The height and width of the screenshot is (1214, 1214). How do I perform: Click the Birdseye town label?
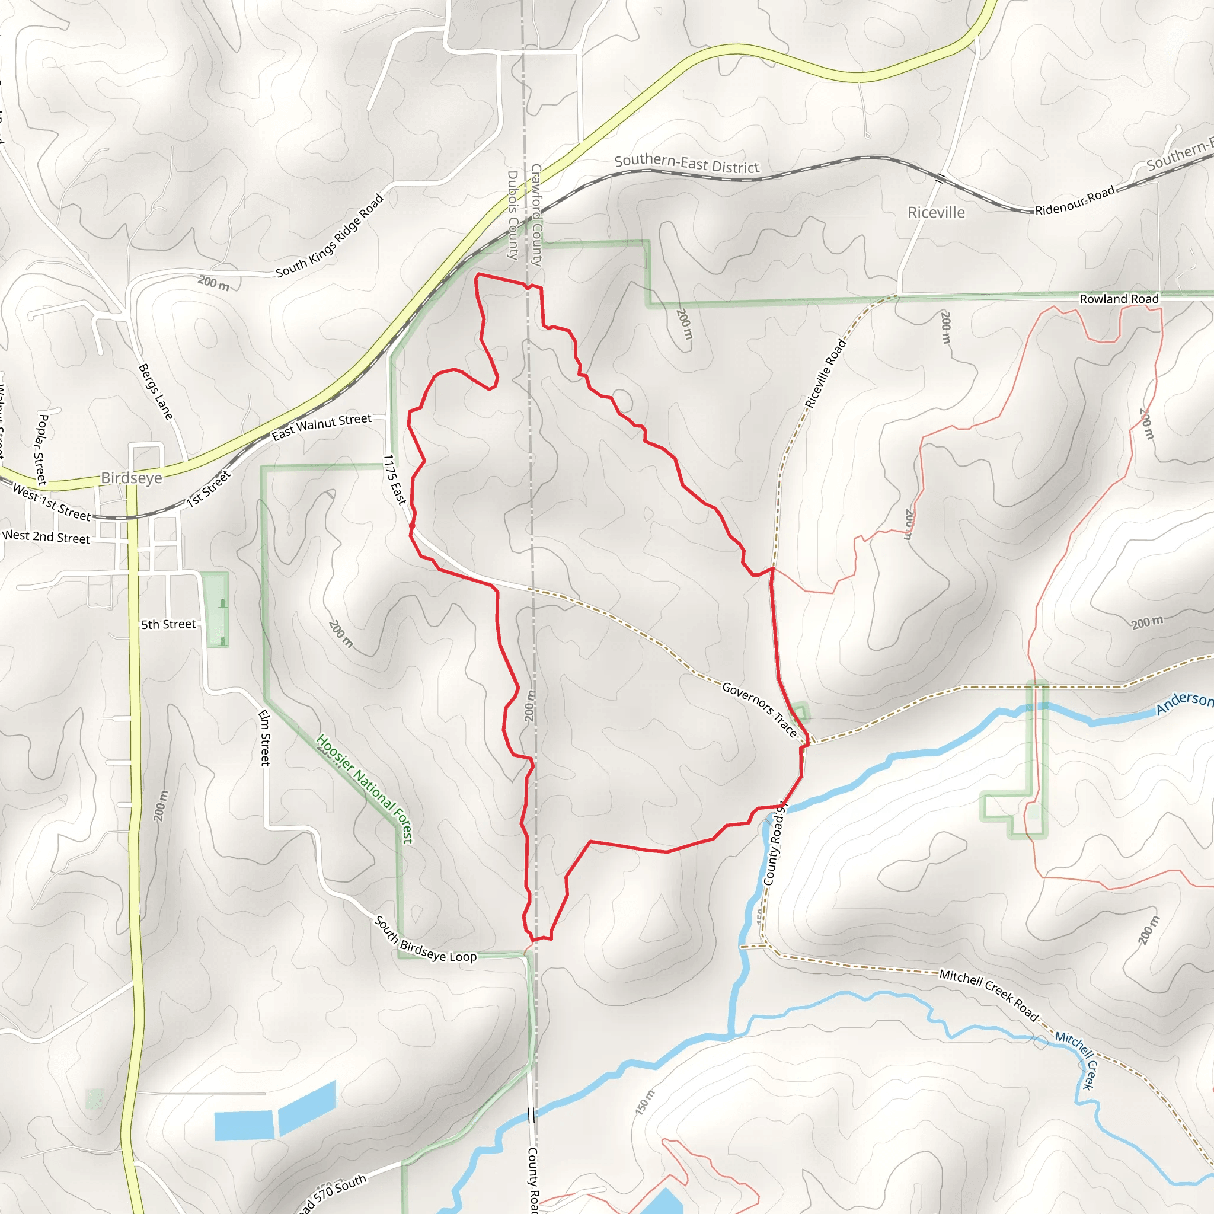click(x=132, y=478)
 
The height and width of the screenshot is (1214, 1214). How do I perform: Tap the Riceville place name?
click(x=935, y=212)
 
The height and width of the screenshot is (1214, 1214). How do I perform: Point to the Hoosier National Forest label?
click(x=365, y=788)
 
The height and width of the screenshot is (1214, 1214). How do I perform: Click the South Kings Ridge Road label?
click(x=330, y=236)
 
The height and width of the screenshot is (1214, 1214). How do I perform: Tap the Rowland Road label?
click(x=1119, y=299)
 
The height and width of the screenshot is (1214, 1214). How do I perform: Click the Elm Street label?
click(x=264, y=737)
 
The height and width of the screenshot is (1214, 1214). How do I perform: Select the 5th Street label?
click(x=168, y=624)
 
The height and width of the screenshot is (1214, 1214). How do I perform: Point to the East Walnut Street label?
click(x=321, y=427)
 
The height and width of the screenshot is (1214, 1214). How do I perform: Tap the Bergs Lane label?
click(x=155, y=391)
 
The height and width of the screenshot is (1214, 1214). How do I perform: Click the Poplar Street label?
click(x=41, y=449)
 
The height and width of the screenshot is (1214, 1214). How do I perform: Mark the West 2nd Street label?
click(x=46, y=536)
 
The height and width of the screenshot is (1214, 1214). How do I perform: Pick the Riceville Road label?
click(x=826, y=373)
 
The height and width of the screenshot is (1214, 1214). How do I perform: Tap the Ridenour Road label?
click(x=1075, y=200)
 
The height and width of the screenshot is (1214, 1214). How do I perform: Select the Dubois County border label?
click(x=513, y=215)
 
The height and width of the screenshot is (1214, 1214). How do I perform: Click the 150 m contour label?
click(x=646, y=1102)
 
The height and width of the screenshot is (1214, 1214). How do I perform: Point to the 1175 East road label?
click(x=395, y=480)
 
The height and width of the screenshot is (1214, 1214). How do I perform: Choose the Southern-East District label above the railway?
click(x=687, y=164)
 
